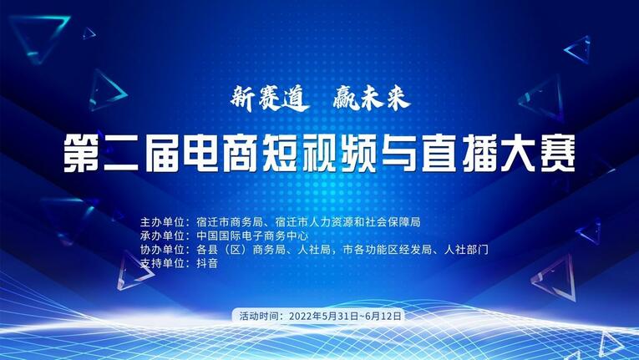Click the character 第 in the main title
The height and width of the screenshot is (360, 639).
pyautogui.click(x=84, y=155)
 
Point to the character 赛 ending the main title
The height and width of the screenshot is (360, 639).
pyautogui.click(x=555, y=155)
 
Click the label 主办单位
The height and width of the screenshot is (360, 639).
pyautogui.click(x=165, y=223)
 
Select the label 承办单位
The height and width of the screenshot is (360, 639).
pyautogui.click(x=165, y=236)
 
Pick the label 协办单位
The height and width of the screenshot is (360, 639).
pyautogui.click(x=165, y=250)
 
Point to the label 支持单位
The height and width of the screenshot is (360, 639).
pyautogui.click(x=165, y=263)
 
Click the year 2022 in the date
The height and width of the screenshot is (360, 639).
pyautogui.click(x=302, y=317)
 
